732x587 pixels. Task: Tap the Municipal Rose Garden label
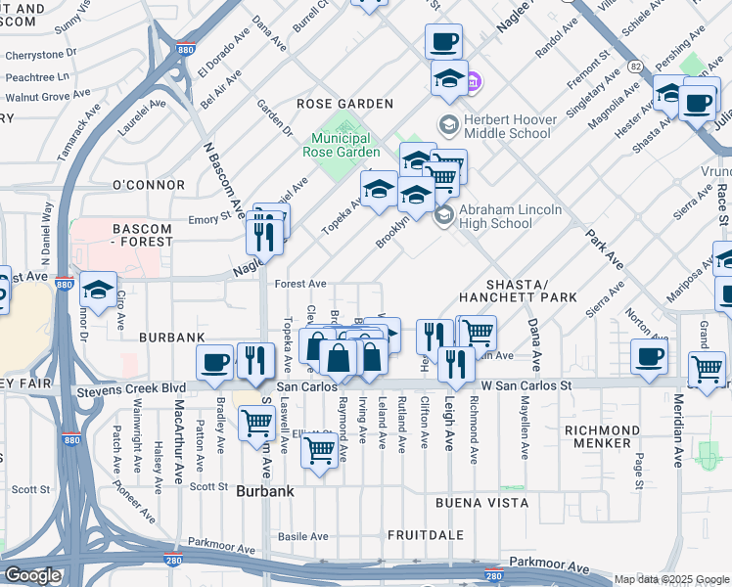(x=345, y=146)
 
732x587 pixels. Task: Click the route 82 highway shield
(x=635, y=67)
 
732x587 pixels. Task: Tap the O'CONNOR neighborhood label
(x=149, y=185)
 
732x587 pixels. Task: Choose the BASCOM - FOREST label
(x=129, y=235)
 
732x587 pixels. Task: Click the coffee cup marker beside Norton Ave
(x=649, y=356)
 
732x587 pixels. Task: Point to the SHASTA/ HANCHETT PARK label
(x=517, y=288)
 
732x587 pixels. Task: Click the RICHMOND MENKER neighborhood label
(x=602, y=436)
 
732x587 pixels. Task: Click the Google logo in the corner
(x=32, y=575)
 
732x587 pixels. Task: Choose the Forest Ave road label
(x=300, y=284)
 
